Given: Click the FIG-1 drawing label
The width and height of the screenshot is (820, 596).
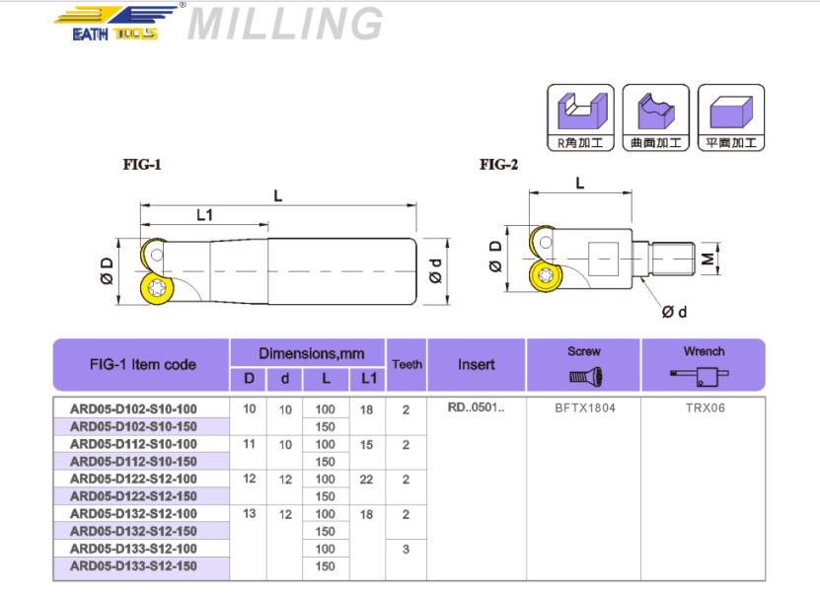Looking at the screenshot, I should (x=142, y=165).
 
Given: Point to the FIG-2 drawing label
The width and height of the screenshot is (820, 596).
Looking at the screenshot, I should (x=498, y=165).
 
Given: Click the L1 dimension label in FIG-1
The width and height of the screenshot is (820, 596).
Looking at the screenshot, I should (x=205, y=214).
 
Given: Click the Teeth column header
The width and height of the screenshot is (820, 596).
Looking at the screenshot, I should (x=407, y=364).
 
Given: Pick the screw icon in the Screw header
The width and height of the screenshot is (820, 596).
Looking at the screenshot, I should (x=583, y=376).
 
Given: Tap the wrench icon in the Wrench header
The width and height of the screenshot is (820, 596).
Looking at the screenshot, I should (x=703, y=376).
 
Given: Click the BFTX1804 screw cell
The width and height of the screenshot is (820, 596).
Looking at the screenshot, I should (x=583, y=408).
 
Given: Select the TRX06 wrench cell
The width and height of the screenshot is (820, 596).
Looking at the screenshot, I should (x=703, y=408).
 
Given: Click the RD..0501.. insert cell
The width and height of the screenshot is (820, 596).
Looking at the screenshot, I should (x=477, y=408).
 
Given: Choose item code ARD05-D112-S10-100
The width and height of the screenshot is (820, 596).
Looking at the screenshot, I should (x=133, y=444).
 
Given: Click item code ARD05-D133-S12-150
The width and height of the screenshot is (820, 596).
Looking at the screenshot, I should (x=133, y=566).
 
